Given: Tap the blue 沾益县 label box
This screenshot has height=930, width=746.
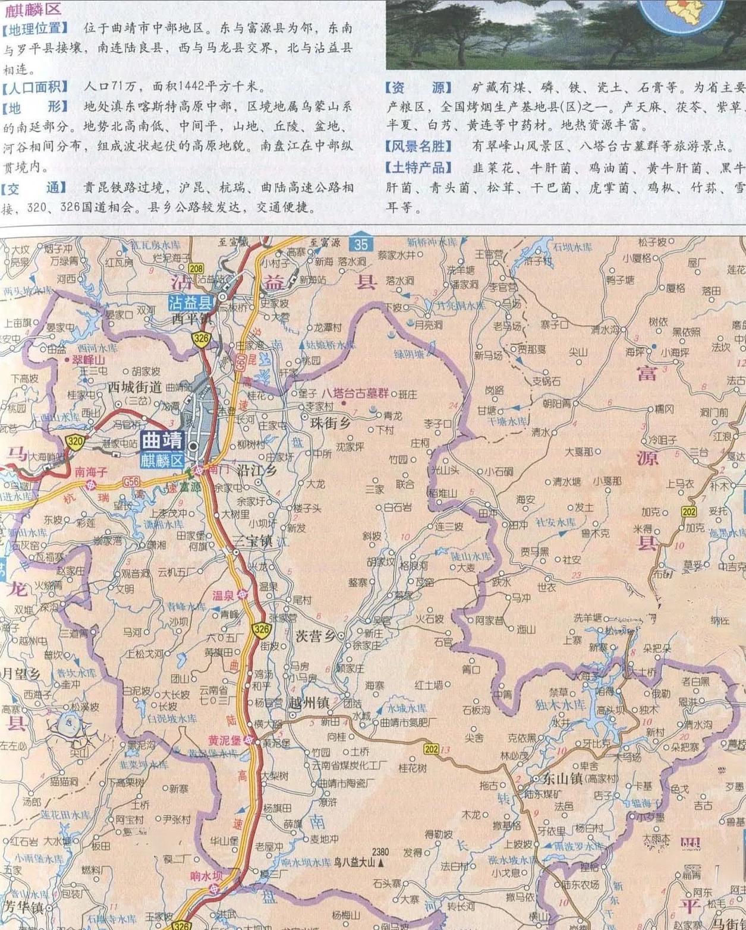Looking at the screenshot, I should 190,303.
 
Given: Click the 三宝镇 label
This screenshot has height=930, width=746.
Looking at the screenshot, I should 252,541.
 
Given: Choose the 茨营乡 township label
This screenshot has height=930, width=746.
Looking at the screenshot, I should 316,636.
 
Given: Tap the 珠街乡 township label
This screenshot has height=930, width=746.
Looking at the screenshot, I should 330,423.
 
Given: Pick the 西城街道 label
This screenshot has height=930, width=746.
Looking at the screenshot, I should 135,387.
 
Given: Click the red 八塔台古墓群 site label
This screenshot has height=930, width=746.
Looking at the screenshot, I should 355,393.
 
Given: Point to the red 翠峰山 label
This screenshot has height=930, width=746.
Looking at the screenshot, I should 89,360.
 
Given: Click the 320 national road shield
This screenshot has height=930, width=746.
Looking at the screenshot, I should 75,441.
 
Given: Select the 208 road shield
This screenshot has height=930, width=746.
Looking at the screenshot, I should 196,269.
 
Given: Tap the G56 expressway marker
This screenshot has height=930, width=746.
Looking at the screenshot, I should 131,482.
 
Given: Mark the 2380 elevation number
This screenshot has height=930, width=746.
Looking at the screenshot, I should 380,852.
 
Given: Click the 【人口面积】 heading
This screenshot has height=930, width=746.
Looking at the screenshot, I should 35,87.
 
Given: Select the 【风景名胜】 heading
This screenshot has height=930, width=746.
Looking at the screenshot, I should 418,146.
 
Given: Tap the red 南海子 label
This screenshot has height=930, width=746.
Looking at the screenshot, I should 91,472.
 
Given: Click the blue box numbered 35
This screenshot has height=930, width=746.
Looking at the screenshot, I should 361,244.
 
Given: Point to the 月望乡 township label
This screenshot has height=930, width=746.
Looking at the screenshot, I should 22,674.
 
